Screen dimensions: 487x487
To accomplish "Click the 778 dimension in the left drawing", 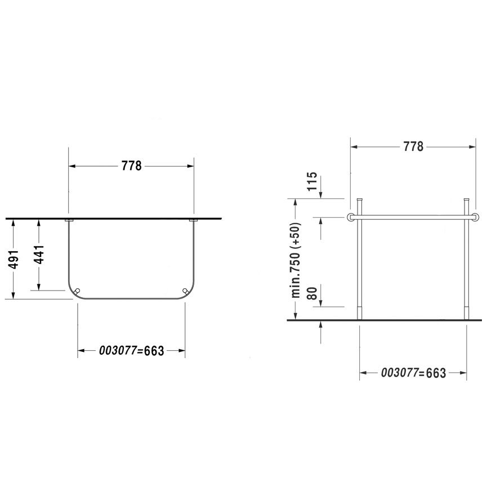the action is point(131,166).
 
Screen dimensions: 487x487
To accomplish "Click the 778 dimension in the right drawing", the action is point(413,146).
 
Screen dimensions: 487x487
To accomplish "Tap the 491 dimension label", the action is point(14,259).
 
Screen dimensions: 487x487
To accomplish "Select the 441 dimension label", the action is point(39,254).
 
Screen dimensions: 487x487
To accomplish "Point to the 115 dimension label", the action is point(312,181).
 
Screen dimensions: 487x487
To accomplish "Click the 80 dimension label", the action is point(312,293).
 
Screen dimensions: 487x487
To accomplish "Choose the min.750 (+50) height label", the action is point(296,260).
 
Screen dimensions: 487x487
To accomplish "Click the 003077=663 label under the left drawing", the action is point(131,351).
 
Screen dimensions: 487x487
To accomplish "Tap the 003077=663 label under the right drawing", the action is point(413,373).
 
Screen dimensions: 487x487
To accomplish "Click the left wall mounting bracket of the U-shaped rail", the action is point(69,220).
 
